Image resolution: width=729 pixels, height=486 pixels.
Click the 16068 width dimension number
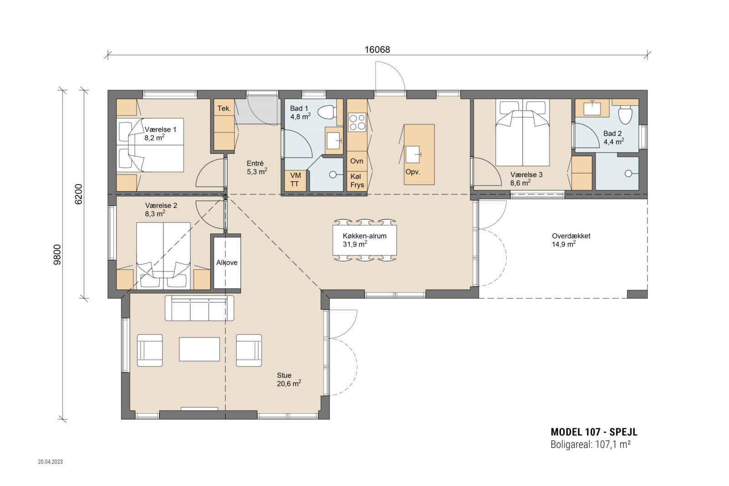(377, 50)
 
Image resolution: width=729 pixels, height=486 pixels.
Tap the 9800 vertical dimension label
(57, 255)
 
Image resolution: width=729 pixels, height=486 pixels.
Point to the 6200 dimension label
(79, 194)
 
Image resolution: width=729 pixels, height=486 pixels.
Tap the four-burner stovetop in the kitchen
(357, 122)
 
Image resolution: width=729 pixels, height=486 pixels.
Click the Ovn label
(357, 161)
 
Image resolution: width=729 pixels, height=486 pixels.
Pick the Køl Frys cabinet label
(357, 181)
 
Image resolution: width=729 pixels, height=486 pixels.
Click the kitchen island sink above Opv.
(413, 154)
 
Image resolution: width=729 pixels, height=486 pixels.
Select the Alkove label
(227, 262)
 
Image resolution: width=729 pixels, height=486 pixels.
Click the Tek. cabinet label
(224, 108)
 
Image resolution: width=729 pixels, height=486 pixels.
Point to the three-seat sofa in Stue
(199, 308)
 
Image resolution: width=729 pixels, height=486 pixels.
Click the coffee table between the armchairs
(199, 349)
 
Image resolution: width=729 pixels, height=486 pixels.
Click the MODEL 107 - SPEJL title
(594, 432)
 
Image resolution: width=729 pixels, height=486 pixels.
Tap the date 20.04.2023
(51, 461)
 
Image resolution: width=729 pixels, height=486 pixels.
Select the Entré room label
(255, 164)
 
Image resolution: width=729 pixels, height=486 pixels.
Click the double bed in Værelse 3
(522, 133)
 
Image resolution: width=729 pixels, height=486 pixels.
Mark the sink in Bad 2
(592, 108)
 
